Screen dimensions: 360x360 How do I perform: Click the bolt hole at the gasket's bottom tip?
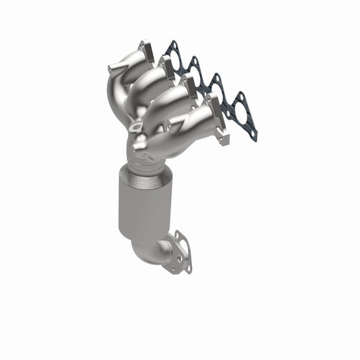pyautogui.click(x=253, y=135)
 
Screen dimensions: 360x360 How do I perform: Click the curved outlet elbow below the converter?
pyautogui.click(x=152, y=252)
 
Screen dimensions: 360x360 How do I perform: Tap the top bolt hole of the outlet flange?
pyautogui.click(x=178, y=236)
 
